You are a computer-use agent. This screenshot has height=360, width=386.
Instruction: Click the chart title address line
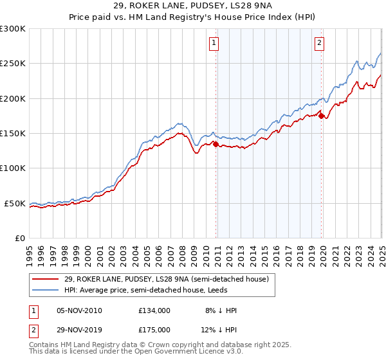(192, 6)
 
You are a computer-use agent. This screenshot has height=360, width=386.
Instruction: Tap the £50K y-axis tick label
(15, 203)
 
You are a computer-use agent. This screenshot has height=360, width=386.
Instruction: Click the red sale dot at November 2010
(216, 145)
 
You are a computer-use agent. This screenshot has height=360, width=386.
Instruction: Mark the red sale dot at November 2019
(322, 116)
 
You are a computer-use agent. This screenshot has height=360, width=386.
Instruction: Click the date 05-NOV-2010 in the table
(78, 310)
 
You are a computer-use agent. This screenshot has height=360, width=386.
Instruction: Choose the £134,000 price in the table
(154, 310)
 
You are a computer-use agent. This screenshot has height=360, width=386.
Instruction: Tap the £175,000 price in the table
(154, 330)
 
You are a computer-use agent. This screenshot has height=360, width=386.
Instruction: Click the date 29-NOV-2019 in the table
(78, 330)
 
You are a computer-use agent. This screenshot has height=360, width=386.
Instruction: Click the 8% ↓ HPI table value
(220, 310)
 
